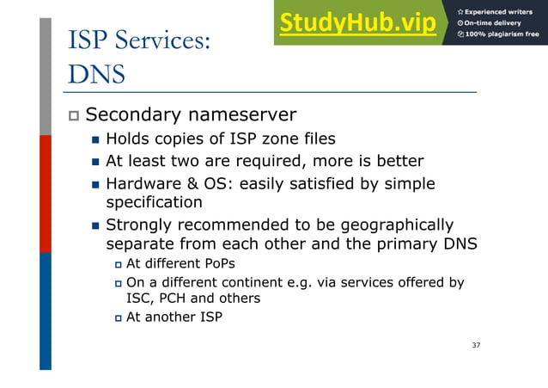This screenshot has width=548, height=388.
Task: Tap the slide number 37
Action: tap(477, 345)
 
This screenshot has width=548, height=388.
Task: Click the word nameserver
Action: tap(245, 114)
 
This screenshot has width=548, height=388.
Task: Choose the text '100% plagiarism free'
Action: tap(503, 35)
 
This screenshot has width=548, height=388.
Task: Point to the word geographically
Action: tap(398, 225)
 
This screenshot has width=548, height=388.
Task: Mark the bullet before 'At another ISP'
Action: tap(119, 317)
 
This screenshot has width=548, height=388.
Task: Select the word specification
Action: tap(154, 203)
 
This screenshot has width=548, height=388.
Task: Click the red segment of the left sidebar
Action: tap(46, 194)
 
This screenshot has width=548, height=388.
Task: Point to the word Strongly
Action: tap(141, 225)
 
